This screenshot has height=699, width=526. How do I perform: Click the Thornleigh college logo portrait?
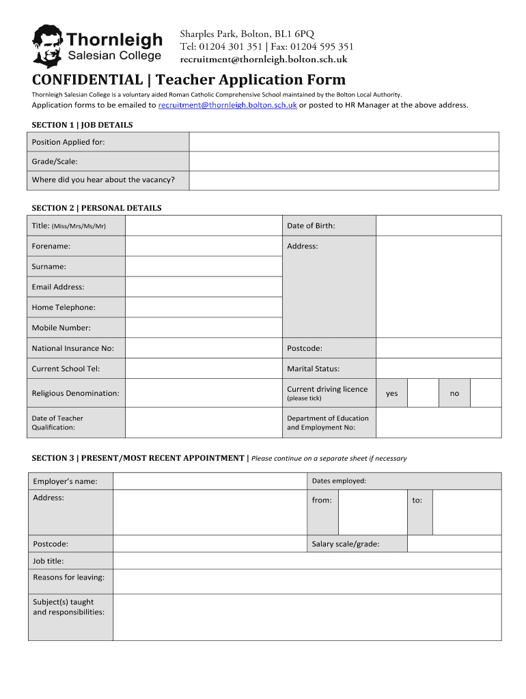pyautogui.click(x=46, y=46)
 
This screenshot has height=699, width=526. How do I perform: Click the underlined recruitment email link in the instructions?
pyautogui.click(x=227, y=105)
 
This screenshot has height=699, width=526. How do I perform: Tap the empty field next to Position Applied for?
pyautogui.click(x=344, y=142)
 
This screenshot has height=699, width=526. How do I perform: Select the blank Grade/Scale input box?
pyautogui.click(x=344, y=161)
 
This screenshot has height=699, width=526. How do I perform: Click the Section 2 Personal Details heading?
pyautogui.click(x=96, y=208)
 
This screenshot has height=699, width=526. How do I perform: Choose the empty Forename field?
pyautogui.click(x=203, y=246)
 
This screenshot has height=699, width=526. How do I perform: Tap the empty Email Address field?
pyautogui.click(x=203, y=287)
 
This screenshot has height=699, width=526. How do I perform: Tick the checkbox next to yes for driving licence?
pyautogui.click(x=423, y=393)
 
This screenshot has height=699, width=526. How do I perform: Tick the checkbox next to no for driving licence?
pyautogui.click(x=486, y=393)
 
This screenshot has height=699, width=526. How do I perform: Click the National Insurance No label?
pyautogui.click(x=73, y=348)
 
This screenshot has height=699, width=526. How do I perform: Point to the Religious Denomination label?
pyautogui.click(x=75, y=393)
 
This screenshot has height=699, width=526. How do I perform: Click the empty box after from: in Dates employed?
pyautogui.click(x=373, y=512)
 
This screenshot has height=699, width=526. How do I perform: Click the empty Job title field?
pyautogui.click(x=307, y=561)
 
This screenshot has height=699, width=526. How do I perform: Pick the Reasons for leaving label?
pyautogui.click(x=69, y=577)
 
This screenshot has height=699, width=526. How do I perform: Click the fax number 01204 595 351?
pyautogui.click(x=322, y=46)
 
